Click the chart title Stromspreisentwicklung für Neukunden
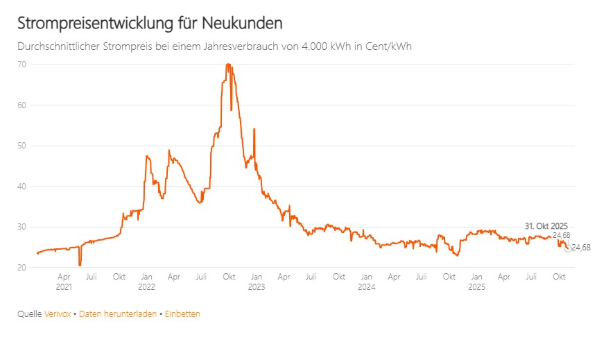pos(150,23)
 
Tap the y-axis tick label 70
pos(23,65)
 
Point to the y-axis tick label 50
pos(23,146)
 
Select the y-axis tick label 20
pos(23,268)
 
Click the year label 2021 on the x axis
pos(64,286)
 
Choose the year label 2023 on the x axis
pos(256,286)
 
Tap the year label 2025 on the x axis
pos(476,286)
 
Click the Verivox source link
pos(58,314)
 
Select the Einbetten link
pos(182,314)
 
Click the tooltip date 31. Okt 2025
pos(546,226)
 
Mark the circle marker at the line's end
pos(568,248)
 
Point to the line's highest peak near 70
pos(227,65)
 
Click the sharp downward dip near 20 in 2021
pos(80,264)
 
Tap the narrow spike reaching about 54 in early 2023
pos(254,130)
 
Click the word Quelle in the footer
pos(29,314)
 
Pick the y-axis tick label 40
pos(23,186)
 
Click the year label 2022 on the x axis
pos(146,286)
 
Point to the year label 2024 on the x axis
pos(367,286)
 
